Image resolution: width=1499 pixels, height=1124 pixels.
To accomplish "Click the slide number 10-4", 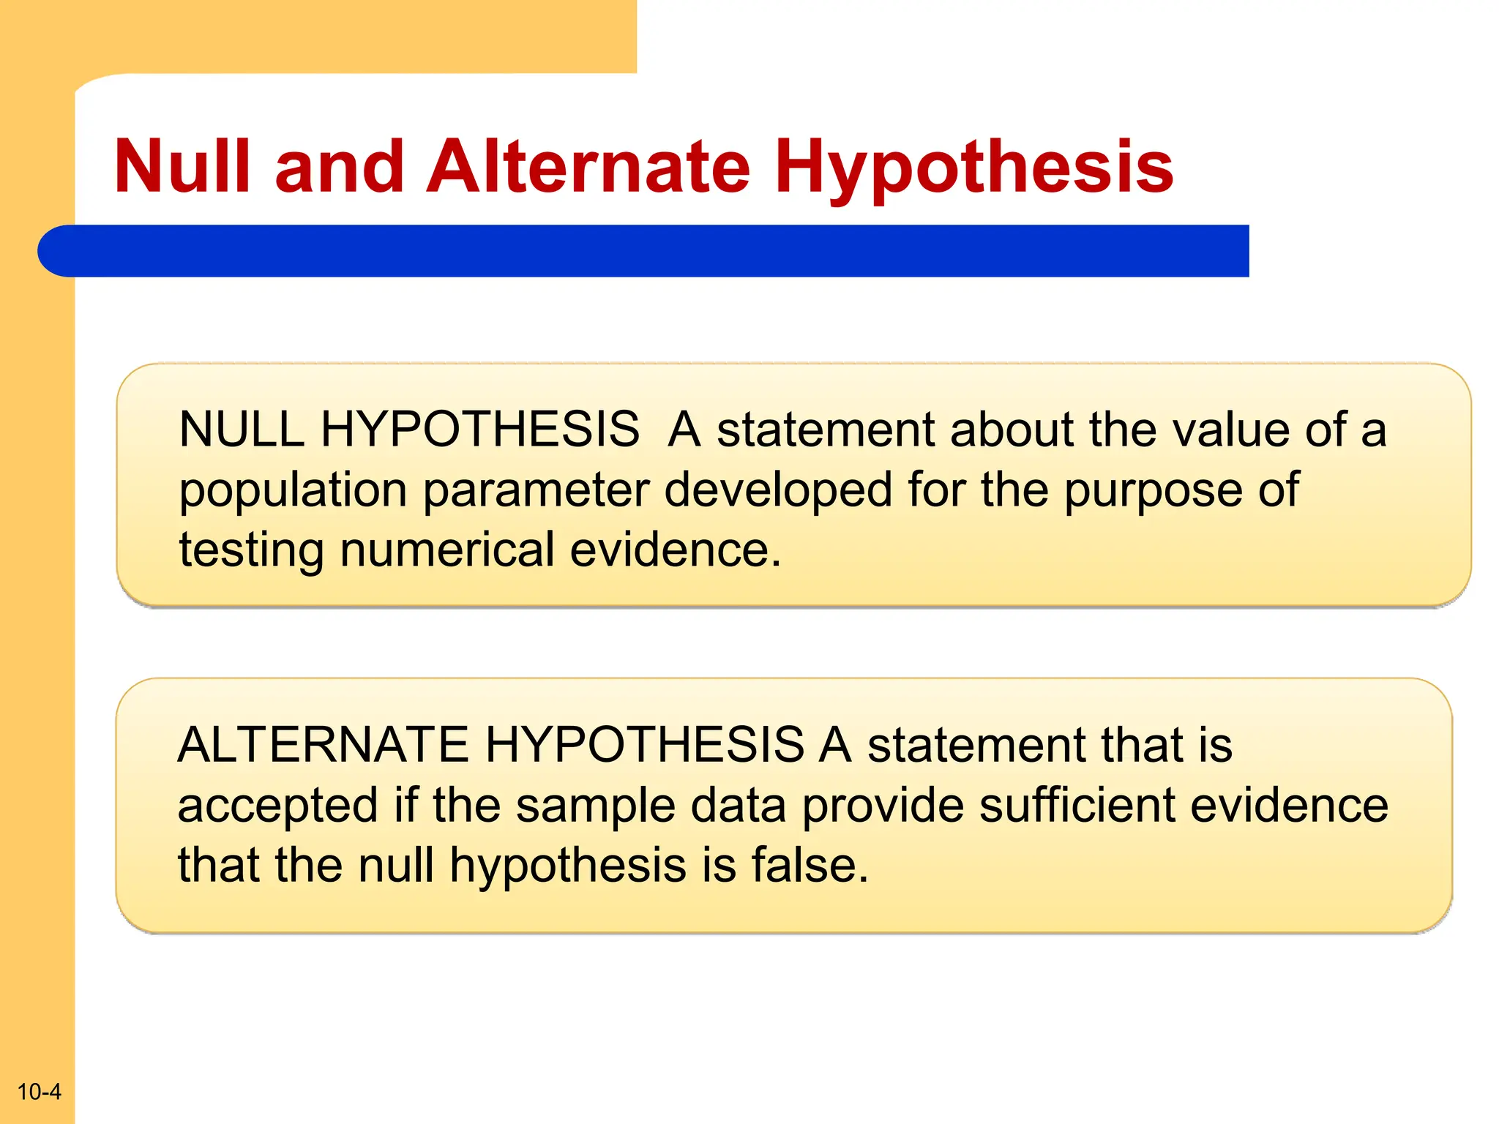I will tap(39, 1091).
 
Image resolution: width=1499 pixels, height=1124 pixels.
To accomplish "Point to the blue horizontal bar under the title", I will tap(644, 251).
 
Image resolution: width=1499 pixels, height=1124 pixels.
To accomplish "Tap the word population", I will tap(293, 490).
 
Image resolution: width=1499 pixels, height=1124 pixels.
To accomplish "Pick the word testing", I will tap(251, 550).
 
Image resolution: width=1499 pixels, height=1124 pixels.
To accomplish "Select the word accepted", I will tap(277, 805).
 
